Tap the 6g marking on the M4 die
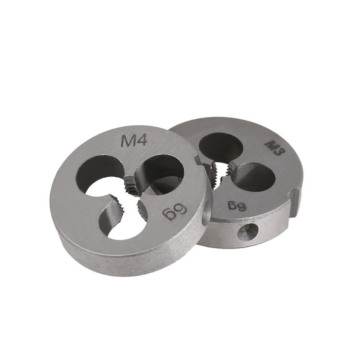pyautogui.click(x=175, y=211)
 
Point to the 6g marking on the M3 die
pyautogui.click(x=237, y=205)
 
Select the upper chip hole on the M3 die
pyautogui.click(x=220, y=147)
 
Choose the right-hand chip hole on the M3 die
pyautogui.click(x=254, y=177)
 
